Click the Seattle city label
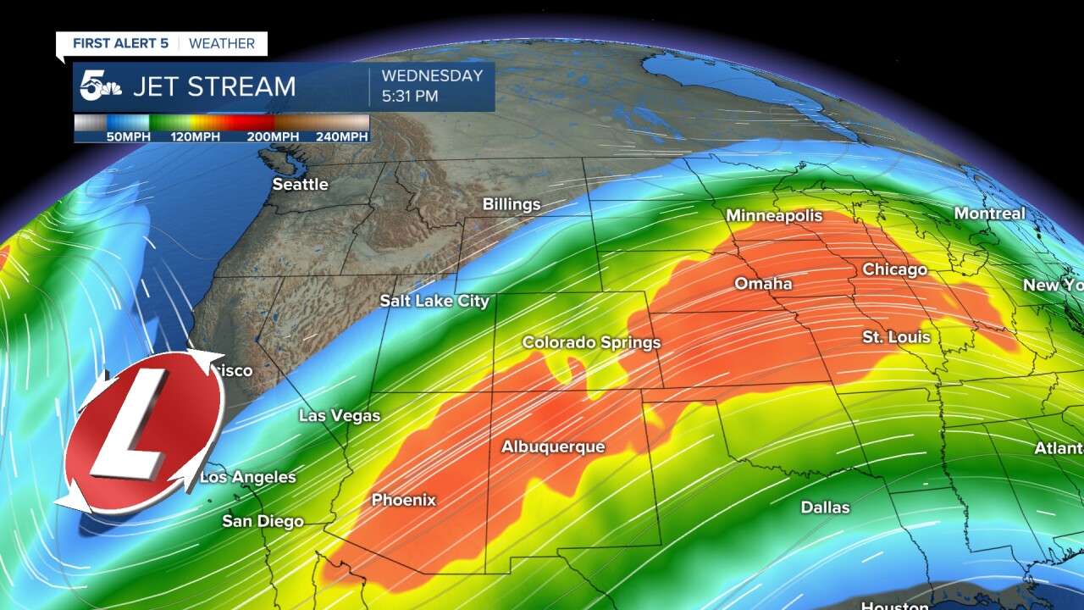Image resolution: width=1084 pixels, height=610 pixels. (x=300, y=184)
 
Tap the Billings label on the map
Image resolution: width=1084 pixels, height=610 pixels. (x=511, y=204)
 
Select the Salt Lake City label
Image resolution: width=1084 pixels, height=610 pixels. (x=434, y=301)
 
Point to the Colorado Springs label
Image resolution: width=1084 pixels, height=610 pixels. (x=591, y=342)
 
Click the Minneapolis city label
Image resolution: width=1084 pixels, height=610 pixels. (x=774, y=216)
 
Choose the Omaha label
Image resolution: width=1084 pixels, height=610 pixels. (x=763, y=283)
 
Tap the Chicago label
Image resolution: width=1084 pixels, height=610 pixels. (x=894, y=269)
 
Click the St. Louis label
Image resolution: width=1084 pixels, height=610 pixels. (x=896, y=337)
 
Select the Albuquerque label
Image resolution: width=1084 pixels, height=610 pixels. (x=553, y=446)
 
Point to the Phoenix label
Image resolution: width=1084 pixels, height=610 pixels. (x=404, y=500)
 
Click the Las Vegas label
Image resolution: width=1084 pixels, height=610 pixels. (x=340, y=415)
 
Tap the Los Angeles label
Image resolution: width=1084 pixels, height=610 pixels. (x=248, y=477)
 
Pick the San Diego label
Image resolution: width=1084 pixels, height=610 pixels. (x=263, y=521)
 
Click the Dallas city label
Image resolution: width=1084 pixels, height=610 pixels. (x=825, y=507)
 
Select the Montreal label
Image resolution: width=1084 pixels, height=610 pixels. (x=989, y=213)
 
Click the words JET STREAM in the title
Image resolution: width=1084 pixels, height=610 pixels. (x=213, y=86)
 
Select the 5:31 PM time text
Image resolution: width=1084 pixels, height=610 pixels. (x=410, y=97)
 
